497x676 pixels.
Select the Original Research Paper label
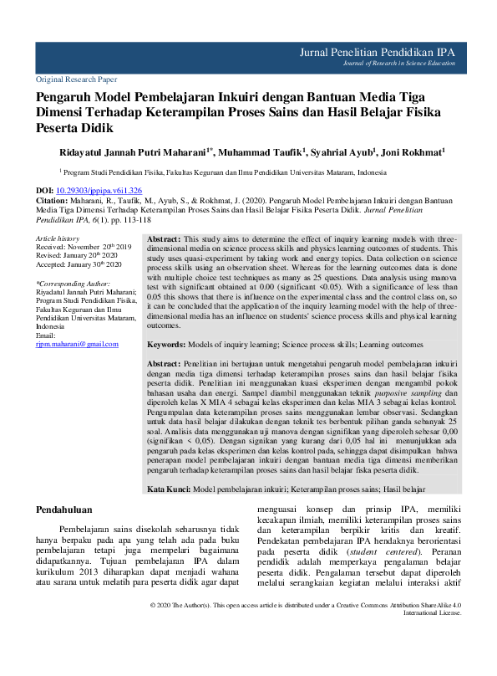[76, 79]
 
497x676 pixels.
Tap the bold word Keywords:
[171, 345]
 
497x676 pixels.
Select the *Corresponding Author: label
[74, 284]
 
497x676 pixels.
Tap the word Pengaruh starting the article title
[65, 97]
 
